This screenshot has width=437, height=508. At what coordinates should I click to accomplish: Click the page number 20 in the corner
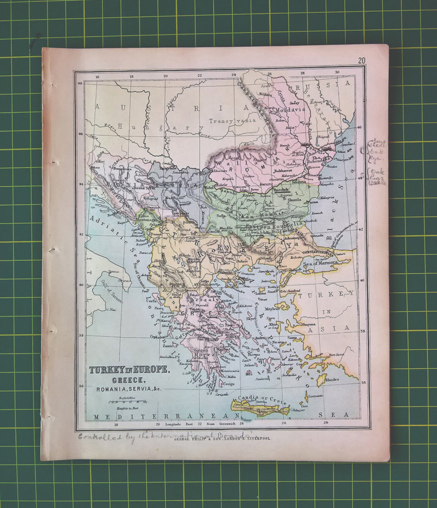(x=362, y=61)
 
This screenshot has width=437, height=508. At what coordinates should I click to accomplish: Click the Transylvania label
(x=232, y=120)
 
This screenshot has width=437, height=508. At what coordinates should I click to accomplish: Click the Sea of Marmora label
(x=320, y=263)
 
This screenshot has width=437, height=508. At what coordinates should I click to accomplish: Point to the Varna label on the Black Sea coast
(x=314, y=202)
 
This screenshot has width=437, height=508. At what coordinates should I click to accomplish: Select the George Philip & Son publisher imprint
(x=223, y=439)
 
